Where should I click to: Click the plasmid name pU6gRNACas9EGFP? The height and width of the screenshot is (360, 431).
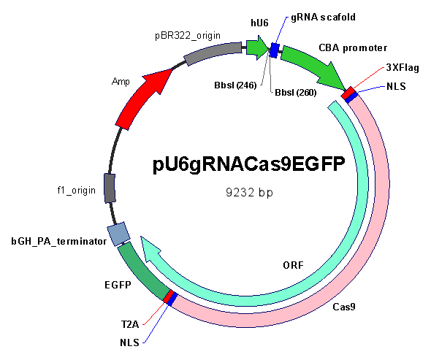tap(248, 164)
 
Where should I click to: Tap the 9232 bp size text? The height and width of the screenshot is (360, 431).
tap(249, 192)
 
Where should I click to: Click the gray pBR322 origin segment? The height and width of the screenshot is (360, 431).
tap(213, 53)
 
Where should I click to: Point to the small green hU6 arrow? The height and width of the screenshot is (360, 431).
tap(256, 47)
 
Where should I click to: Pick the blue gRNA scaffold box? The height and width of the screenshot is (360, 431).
tap(275, 50)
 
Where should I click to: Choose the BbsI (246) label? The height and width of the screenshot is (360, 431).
tap(235, 85)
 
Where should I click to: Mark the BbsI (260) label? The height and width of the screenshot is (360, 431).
tap(295, 93)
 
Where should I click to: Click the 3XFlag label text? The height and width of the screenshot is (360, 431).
tap(403, 68)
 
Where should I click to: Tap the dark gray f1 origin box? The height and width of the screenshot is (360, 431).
tap(110, 188)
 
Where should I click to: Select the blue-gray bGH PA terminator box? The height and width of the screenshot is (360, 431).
tap(118, 234)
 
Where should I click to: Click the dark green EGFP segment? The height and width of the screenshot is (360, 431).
tap(142, 272)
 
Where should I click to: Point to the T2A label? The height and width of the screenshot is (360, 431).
tap(130, 324)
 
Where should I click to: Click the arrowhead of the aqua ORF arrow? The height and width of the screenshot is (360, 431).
tap(149, 248)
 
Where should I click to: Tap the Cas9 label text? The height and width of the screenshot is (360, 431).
tap(344, 307)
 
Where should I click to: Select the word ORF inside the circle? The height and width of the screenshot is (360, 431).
tap(293, 265)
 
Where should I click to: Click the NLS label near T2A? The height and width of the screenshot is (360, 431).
tap(129, 342)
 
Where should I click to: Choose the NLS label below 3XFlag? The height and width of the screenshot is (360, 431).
tap(396, 86)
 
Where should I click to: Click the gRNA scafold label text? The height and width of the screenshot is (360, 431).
tap(323, 18)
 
